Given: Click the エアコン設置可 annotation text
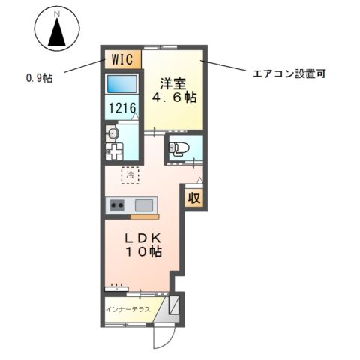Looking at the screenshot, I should [288, 75].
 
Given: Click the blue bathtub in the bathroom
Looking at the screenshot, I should [121, 84].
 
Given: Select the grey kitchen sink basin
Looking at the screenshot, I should [143, 205].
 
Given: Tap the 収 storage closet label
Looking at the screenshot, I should [193, 199].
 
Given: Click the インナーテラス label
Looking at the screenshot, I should [128, 309].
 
